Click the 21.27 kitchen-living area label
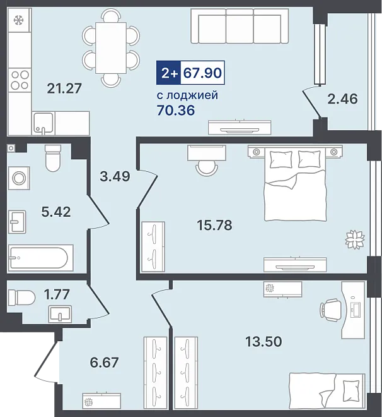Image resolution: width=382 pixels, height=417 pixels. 64,88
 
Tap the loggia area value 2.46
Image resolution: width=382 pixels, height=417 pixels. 342,99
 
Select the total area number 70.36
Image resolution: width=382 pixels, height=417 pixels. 176,110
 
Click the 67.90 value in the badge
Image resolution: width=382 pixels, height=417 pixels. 202,73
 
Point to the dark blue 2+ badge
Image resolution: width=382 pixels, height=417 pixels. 168,73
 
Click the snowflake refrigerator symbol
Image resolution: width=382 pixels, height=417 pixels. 19,20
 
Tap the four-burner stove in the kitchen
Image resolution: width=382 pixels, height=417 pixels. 20,80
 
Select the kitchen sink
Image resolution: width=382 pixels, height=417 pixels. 43,123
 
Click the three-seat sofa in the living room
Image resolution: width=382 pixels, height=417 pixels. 240,25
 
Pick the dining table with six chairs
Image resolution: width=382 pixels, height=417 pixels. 111,47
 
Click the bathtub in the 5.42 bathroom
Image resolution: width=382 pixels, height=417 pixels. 40,258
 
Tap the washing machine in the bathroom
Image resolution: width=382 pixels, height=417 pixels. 19,178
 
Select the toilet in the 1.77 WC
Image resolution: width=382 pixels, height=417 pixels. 22,298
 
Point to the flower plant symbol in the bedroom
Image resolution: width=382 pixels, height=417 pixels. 355,239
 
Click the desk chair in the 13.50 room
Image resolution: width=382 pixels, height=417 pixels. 330,310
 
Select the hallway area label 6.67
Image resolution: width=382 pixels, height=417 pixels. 104,362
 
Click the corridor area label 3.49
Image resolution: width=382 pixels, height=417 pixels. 115,176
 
